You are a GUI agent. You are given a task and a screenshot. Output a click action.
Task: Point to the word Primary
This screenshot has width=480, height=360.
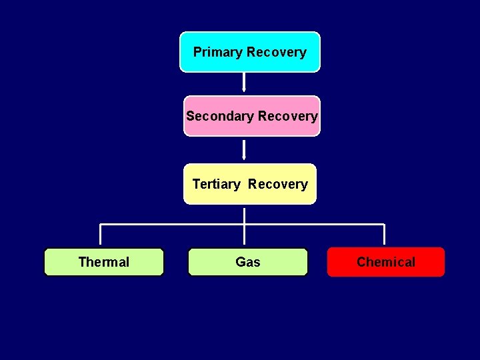coord(218,52)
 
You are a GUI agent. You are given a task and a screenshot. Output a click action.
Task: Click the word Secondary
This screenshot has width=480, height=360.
coord(220,116)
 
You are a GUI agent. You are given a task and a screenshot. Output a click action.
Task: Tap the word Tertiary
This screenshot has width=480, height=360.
coord(216,184)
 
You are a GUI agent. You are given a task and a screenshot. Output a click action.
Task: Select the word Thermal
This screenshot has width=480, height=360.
coord(103,262)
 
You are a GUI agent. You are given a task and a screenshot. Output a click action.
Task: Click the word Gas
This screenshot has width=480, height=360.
coord(248,262)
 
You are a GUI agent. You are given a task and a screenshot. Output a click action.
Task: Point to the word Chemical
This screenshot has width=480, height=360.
coord(385,262)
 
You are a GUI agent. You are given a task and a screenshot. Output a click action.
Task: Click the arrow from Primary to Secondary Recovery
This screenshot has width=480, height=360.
coord(244,81)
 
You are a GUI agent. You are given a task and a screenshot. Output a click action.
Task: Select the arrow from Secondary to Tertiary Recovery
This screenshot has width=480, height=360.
coord(244,150)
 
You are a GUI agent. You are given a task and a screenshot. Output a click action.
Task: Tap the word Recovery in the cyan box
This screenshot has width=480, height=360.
coord(276,52)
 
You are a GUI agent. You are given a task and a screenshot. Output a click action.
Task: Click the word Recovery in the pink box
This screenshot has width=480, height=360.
coord(288,116)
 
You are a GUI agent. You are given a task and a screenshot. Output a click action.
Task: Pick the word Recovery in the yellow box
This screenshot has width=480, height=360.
coord(278,184)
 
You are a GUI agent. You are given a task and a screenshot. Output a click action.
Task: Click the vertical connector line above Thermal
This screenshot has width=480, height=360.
coord(100,235)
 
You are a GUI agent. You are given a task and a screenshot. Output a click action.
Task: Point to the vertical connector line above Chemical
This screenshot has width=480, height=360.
coord(385,235)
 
